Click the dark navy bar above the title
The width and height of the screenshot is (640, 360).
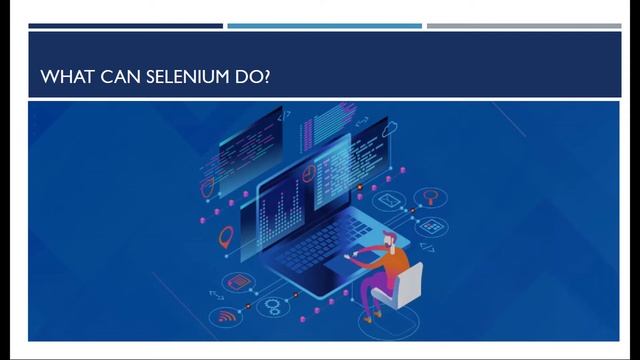126,26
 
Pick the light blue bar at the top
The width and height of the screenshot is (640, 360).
324,26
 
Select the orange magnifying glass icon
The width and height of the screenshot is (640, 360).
431,196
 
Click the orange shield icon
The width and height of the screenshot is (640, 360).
208,186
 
